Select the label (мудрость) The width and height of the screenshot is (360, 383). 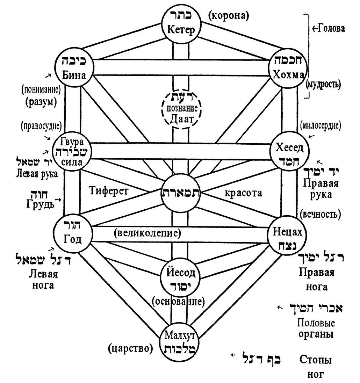click(x=323, y=84)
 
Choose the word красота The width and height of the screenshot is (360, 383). click(x=244, y=193)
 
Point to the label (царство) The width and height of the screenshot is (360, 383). click(x=131, y=348)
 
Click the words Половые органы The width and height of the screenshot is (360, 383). click(x=315, y=328)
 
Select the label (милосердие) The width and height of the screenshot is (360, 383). click(x=321, y=125)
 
